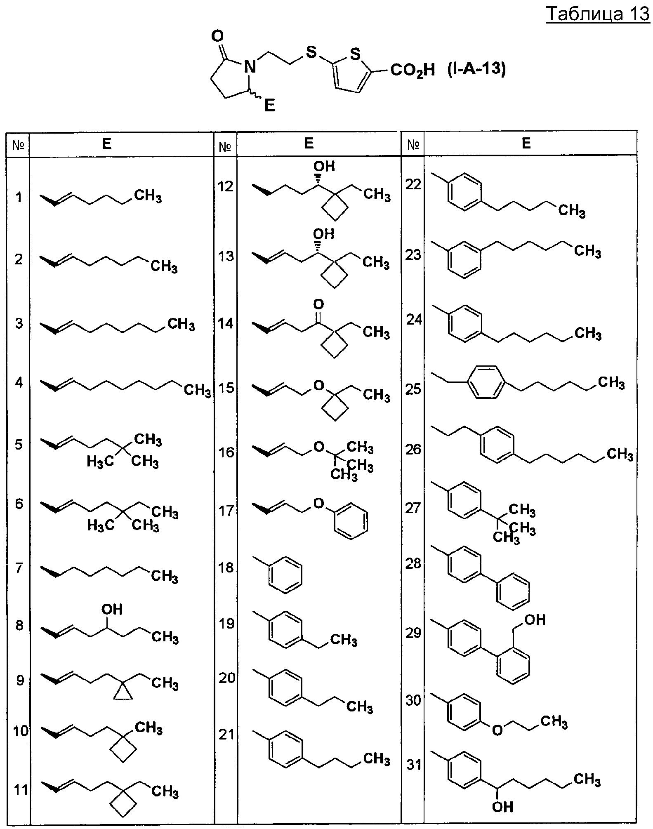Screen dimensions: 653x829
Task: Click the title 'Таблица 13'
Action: (x=598, y=14)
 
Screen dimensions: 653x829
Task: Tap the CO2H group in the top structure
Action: (x=413, y=70)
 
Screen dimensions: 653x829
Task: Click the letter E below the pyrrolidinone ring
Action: (x=269, y=106)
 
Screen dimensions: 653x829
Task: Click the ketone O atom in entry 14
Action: (x=318, y=304)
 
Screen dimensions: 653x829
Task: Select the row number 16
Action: (x=226, y=452)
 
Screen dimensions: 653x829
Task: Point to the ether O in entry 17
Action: (x=318, y=503)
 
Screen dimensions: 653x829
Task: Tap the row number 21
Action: (x=226, y=735)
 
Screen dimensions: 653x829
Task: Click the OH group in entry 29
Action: (x=535, y=619)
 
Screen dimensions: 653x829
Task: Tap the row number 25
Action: (x=413, y=389)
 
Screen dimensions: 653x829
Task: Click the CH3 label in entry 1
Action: (x=148, y=195)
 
